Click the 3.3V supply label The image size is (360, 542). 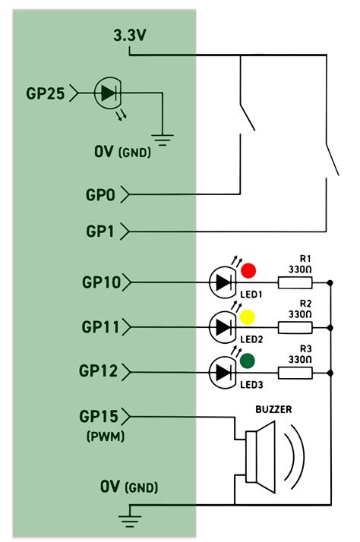[x=130, y=36]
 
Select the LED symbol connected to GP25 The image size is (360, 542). [x=107, y=93]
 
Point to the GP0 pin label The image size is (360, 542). [x=99, y=195]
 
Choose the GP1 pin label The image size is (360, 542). [x=100, y=230]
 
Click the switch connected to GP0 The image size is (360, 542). [x=245, y=120]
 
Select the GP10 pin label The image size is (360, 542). [x=100, y=282]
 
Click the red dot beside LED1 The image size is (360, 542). [x=248, y=269]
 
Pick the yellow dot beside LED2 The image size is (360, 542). [x=248, y=315]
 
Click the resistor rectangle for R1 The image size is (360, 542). [x=295, y=283]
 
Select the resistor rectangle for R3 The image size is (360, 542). [x=295, y=373]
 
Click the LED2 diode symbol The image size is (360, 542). [x=222, y=327]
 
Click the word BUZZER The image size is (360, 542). [x=274, y=409]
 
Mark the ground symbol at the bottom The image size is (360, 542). [x=130, y=520]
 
